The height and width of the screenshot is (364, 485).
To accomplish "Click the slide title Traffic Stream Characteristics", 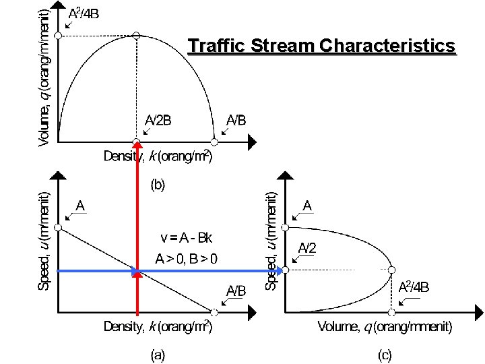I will tap(322, 46).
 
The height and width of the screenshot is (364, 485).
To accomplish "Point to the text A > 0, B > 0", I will tap(191, 257).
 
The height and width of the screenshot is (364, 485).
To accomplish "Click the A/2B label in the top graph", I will tap(159, 120).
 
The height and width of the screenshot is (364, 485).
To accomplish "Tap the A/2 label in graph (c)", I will tap(307, 247).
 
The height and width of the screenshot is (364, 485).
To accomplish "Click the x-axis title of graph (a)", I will tap(158, 328).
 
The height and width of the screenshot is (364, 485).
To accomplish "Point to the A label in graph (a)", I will tap(80, 205).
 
